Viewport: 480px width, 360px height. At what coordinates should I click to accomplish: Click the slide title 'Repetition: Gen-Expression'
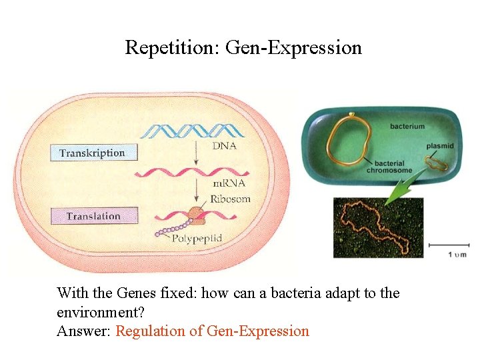click(x=243, y=48)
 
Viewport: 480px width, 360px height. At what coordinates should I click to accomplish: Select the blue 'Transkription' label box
click(x=92, y=153)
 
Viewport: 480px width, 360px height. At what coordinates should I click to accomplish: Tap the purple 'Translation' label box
click(x=93, y=216)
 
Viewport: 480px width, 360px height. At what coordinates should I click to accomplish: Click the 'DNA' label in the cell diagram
click(x=224, y=146)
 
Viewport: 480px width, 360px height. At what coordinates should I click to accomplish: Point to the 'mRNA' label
click(x=229, y=183)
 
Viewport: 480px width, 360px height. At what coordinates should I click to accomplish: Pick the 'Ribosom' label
click(x=230, y=198)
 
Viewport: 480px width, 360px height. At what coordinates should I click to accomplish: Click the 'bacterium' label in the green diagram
click(x=407, y=126)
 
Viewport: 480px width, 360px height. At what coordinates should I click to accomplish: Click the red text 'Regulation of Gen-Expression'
click(x=212, y=331)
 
